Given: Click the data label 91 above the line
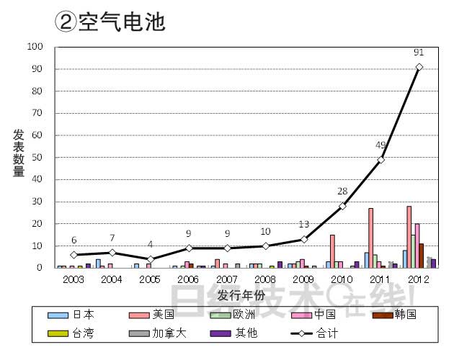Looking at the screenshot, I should click(x=419, y=53).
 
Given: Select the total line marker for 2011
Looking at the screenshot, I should click(x=380, y=159).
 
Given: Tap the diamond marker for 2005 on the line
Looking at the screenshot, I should click(x=150, y=259).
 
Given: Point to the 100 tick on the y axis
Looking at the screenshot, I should click(x=35, y=47).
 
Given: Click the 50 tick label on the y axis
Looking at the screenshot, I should click(x=37, y=158).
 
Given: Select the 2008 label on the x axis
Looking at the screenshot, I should click(x=265, y=279).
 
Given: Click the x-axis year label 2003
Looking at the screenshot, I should click(x=74, y=279).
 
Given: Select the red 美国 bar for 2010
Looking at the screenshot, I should click(x=332, y=251).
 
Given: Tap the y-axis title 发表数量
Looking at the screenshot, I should click(x=19, y=153).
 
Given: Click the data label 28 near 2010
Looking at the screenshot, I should click(x=342, y=192).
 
